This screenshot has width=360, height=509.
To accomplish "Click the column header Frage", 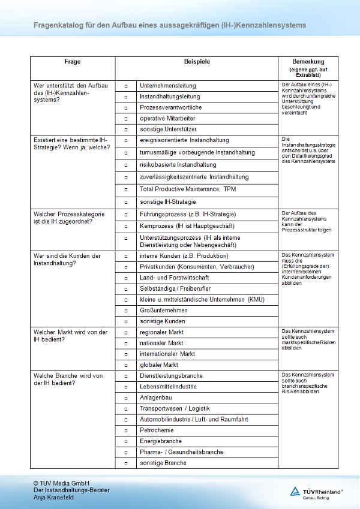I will [73, 62].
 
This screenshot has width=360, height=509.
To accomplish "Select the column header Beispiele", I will [197, 62].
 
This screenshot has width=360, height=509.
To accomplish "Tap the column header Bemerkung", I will [308, 62].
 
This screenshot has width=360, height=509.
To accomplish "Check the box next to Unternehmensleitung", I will [126, 86].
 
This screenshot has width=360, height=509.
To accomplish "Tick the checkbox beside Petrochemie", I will [126, 430].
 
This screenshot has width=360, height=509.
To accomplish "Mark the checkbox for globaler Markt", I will [126, 365].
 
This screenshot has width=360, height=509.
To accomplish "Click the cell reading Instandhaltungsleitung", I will [170, 97].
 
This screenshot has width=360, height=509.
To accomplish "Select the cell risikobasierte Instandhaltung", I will [178, 165].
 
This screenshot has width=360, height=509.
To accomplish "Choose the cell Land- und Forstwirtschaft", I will [174, 278].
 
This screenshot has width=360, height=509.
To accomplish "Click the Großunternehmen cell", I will [163, 311].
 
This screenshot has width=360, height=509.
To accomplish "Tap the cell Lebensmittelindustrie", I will [170, 387].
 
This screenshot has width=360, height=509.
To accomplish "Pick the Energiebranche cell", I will [160, 441].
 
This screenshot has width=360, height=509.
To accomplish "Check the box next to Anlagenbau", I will [126, 397].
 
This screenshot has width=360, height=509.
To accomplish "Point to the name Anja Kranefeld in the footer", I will [53, 498].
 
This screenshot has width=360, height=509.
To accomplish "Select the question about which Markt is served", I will [71, 336].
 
